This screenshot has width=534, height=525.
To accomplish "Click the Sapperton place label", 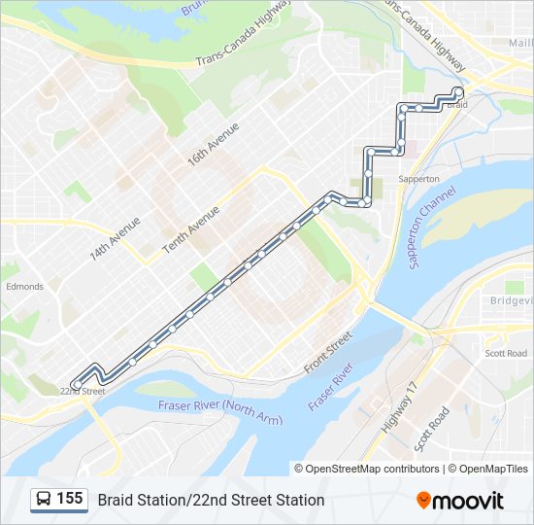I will click(x=419, y=179).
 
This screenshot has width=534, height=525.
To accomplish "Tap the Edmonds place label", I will click(x=24, y=287).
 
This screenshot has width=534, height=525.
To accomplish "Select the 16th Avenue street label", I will click(x=214, y=143).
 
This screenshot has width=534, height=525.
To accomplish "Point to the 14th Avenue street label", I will click(x=115, y=237).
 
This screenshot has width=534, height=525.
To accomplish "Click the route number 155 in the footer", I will click(x=70, y=499).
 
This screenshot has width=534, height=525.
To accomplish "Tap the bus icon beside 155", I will click(x=44, y=500).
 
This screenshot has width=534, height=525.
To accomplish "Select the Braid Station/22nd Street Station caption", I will click(x=211, y=500).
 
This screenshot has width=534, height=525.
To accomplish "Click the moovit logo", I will click(x=460, y=500).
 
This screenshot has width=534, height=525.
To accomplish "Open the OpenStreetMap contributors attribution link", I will click(x=373, y=469).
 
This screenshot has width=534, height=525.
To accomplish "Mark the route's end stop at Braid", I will click(x=458, y=92).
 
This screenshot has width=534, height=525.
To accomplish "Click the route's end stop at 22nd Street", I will click(x=76, y=385).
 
